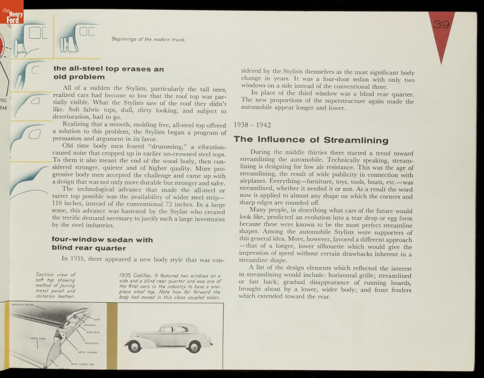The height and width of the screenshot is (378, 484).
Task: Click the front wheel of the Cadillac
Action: [135, 346]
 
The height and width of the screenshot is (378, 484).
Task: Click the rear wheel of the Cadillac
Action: [194, 346]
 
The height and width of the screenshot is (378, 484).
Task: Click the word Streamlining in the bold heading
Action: [356, 140]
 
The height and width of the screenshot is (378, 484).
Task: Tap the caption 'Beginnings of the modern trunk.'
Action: [148, 39]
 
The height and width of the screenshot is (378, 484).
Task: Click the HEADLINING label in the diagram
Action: [91, 343]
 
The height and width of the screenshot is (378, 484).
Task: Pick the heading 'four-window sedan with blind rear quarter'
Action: [102, 244]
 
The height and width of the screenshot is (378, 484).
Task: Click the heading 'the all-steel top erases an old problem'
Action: [109, 73]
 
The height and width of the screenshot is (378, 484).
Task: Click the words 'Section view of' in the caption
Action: [56, 275]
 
